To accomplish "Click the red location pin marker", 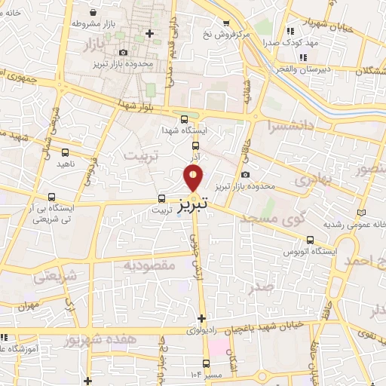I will click(x=194, y=176).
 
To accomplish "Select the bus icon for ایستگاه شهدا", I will click(x=185, y=118).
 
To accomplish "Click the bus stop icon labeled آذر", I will click(x=195, y=146).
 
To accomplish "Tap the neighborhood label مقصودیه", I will click(x=149, y=265).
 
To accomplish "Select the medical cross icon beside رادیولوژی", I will click(x=201, y=318).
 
